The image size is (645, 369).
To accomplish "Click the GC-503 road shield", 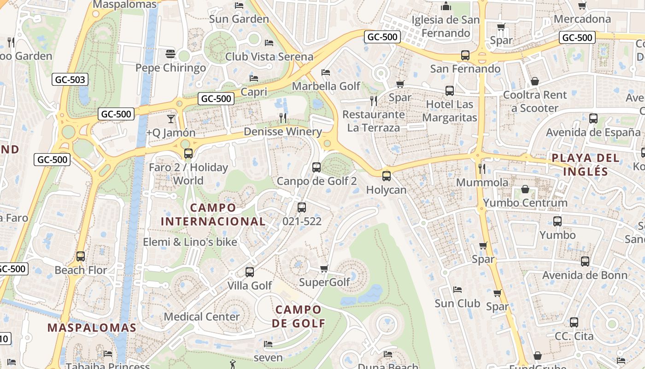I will [70, 79].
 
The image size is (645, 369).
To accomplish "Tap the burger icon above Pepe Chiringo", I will [170, 54].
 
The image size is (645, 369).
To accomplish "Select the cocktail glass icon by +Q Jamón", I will [171, 119].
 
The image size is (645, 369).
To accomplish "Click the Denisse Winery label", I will [283, 132].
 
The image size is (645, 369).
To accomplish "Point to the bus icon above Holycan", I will [386, 176].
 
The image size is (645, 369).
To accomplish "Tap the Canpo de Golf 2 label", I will [317, 181].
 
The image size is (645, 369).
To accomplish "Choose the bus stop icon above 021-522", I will [302, 208].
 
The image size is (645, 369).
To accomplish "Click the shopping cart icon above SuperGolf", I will [324, 268].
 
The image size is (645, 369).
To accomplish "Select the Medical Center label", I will [202, 317].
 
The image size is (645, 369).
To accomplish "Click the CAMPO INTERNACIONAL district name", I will [213, 214].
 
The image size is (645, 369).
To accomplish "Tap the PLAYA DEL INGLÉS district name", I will [586, 165].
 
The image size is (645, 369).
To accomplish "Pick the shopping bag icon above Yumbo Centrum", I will [525, 189].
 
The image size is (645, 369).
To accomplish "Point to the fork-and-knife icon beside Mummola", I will [482, 169].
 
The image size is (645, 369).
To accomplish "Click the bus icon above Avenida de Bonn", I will [585, 262].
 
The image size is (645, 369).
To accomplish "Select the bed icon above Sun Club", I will [457, 290].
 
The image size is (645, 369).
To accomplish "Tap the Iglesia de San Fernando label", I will [446, 26].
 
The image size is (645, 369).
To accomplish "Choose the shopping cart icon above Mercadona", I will [582, 6].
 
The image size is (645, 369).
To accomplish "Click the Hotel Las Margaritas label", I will [450, 111].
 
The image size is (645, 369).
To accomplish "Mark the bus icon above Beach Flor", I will [81, 256].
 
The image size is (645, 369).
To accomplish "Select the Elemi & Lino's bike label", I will [190, 242].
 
